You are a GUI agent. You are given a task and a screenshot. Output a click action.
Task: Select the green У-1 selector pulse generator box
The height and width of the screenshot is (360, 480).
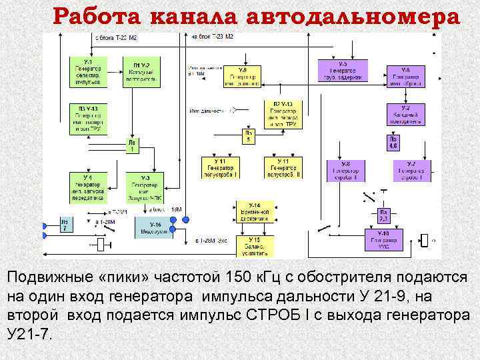pos(89,73)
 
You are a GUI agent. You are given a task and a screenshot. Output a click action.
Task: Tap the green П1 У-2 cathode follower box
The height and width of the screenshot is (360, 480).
pos(141,72)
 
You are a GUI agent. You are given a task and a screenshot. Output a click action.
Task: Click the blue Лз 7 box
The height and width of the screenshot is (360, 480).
pos(65,225)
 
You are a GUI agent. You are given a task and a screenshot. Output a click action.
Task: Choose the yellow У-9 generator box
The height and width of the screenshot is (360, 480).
pos(243,77)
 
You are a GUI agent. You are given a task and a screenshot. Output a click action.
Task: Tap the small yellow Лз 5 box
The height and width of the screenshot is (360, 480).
pos(248,137)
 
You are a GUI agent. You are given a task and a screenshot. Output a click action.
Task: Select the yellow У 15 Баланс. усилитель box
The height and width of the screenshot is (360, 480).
pos(253,246)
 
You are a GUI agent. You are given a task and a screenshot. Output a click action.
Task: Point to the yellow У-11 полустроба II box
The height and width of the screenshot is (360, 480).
pos(283,167)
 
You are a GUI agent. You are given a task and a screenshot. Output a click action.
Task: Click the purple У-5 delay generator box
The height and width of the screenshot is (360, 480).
pos(343,70)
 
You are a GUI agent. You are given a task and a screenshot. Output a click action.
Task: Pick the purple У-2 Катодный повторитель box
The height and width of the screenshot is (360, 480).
pos(405,115)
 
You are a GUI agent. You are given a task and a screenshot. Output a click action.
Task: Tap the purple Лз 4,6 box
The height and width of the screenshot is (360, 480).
pos(393,142)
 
